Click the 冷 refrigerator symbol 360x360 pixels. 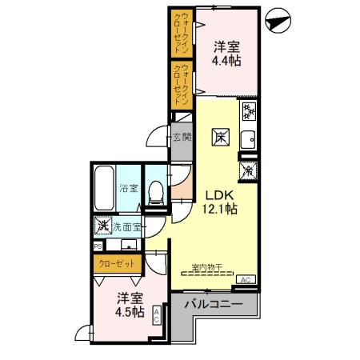point(248,170)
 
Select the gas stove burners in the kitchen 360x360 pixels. point(247,111)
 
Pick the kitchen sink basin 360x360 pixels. point(248,138)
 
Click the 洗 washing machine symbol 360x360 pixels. point(102,226)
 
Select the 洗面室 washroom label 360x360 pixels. point(126,227)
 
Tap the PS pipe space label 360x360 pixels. point(98,246)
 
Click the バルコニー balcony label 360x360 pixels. point(213,305)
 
